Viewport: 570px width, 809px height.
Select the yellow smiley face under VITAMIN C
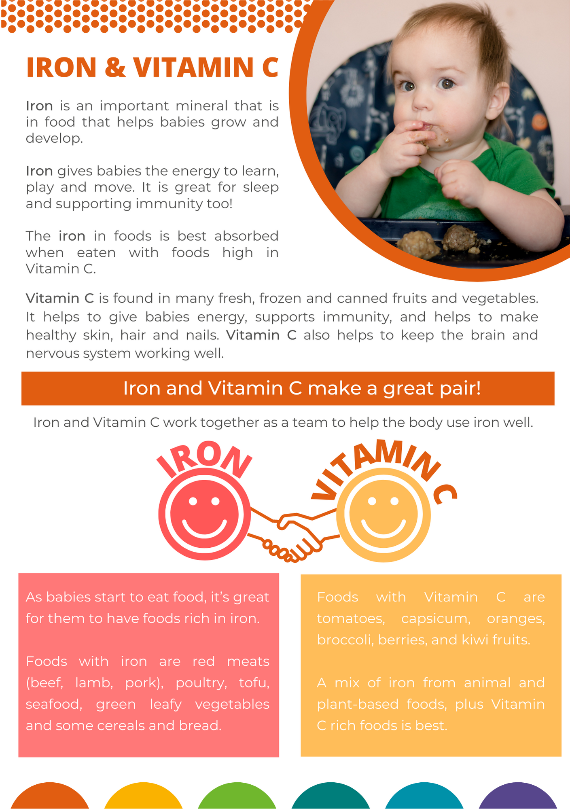(384, 515)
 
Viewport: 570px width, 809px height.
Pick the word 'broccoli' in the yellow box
(345, 640)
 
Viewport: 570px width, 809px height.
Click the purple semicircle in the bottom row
(517, 796)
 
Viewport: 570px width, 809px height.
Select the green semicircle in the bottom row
(237, 796)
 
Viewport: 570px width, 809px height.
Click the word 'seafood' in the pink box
(54, 704)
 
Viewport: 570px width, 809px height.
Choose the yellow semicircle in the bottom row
(143, 796)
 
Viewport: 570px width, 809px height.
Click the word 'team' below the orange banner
(310, 422)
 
